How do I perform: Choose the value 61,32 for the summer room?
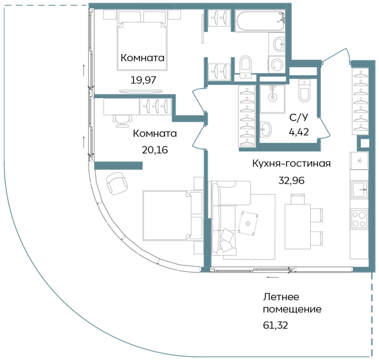(276, 325)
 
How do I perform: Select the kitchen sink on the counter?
(358, 190)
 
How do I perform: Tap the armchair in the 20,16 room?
(118, 183)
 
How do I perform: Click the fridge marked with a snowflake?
(358, 161)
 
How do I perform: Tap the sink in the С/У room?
(268, 126)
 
